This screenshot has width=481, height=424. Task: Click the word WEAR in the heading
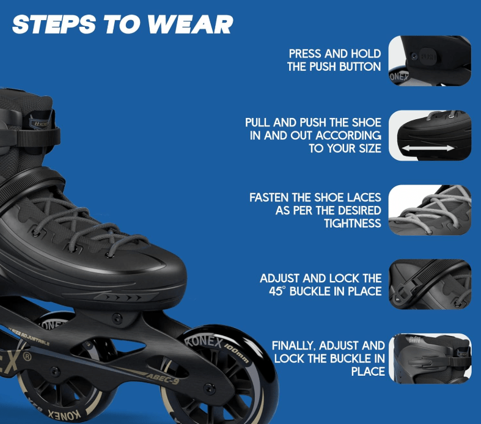pos(191,24)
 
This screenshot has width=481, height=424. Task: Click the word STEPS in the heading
pos(54,24)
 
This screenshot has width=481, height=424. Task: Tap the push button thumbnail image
pos(430,60)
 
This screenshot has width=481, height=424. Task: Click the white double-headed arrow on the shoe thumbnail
pos(428,148)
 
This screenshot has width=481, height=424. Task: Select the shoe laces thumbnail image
pos(430,210)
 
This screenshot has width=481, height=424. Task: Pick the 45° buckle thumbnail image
pos(430,284)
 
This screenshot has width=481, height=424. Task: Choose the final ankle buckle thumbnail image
pos(430,359)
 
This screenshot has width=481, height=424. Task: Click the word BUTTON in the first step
pos(360,67)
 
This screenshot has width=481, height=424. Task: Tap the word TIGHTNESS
pos(353,224)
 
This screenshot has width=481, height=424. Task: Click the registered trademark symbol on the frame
pos(28,357)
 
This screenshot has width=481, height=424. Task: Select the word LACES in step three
pos(364,198)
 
